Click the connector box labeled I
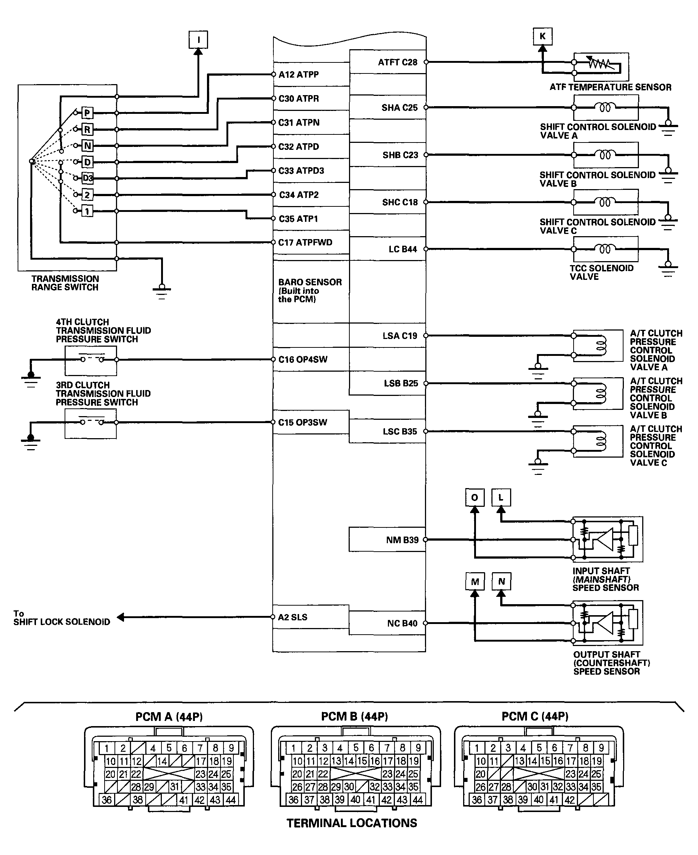click(x=198, y=40)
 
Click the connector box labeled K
click(x=542, y=37)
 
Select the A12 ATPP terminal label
click(x=298, y=75)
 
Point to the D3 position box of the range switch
click(x=87, y=178)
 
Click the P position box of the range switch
click(x=87, y=113)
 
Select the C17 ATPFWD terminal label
click(x=305, y=242)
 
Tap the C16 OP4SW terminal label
click(x=303, y=359)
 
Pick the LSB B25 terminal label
click(x=400, y=383)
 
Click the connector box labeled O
click(x=475, y=498)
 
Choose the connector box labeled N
click(x=501, y=581)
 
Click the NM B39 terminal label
click(x=402, y=540)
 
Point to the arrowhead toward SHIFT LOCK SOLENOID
click(x=120, y=617)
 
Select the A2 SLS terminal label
click(x=292, y=617)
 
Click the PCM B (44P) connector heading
click(x=354, y=717)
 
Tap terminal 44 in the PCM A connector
click(x=230, y=800)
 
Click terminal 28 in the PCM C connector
click(x=506, y=787)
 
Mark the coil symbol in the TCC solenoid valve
click(x=605, y=249)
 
